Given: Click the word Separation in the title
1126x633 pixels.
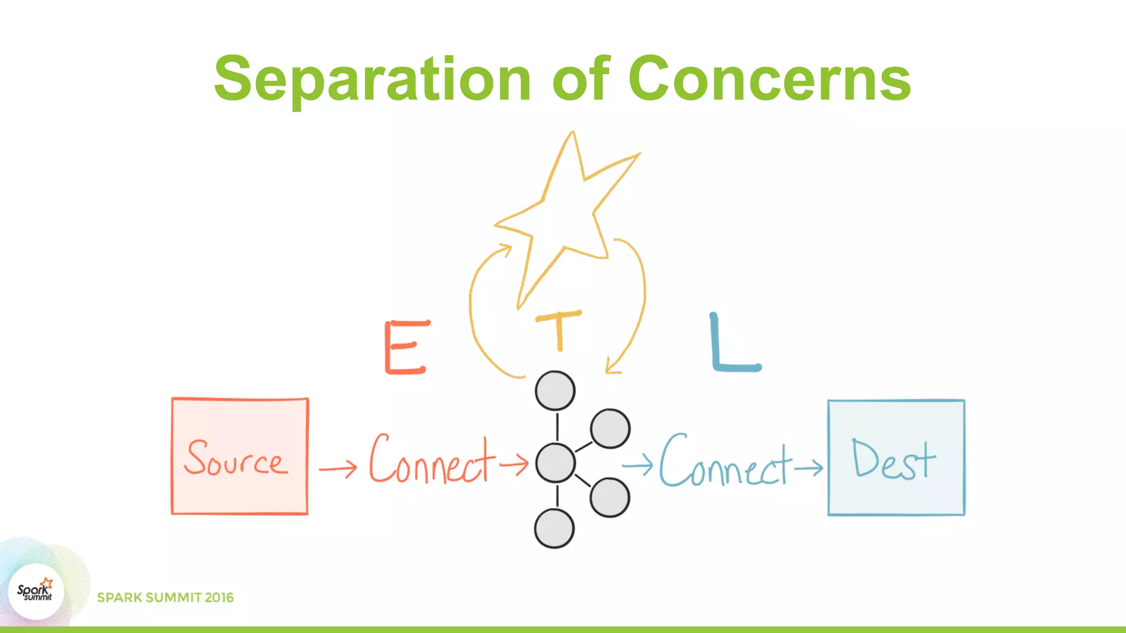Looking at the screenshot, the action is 372,80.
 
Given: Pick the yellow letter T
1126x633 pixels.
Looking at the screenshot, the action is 559,330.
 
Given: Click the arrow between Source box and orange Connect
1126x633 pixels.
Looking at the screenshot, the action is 338,469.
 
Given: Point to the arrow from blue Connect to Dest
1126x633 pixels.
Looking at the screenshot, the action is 808,468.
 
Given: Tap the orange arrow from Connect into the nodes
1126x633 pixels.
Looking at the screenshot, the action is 514,464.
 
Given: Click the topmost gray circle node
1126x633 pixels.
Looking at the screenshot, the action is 555,391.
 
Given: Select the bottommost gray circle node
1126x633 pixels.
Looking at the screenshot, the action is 554,529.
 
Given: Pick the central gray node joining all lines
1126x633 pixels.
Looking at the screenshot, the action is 555,463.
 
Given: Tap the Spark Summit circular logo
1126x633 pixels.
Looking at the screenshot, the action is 36,592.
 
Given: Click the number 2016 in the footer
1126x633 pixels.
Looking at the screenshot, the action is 219,598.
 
